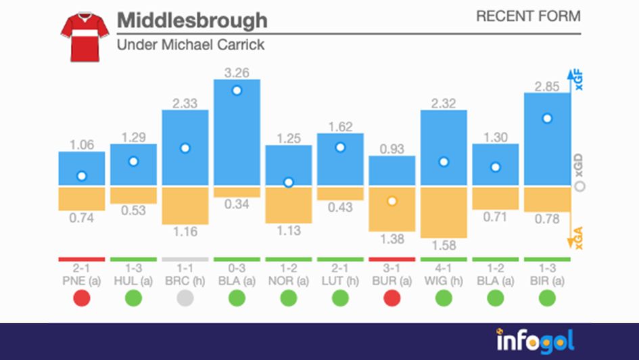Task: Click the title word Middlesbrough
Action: click(192, 20)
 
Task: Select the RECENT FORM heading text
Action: click(528, 16)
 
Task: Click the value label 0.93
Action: click(392, 148)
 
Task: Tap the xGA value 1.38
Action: click(392, 240)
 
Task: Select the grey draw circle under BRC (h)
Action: click(185, 298)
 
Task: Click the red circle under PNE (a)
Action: click(82, 298)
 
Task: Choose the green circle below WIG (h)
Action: click(444, 298)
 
